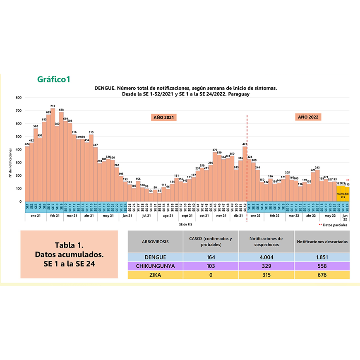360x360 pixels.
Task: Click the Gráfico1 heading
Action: (53, 79)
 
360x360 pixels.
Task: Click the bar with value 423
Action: (245, 174)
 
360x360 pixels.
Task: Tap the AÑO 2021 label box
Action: (163, 118)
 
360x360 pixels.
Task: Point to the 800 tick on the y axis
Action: (18, 98)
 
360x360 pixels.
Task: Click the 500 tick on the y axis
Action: (18, 137)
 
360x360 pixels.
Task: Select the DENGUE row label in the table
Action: (155, 257)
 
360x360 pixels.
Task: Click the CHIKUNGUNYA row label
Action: (155, 266)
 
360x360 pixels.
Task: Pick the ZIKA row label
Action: (155, 275)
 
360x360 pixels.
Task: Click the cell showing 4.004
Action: (266, 257)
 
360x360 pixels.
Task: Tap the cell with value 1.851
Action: (322, 257)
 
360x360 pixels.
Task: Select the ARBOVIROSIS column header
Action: (155, 241)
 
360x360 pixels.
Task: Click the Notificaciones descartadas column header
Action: (322, 241)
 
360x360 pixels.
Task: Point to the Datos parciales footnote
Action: (335, 225)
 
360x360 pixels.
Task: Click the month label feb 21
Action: (55, 216)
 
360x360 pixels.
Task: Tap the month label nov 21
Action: (221, 216)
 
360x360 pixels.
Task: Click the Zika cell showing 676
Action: (322, 275)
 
